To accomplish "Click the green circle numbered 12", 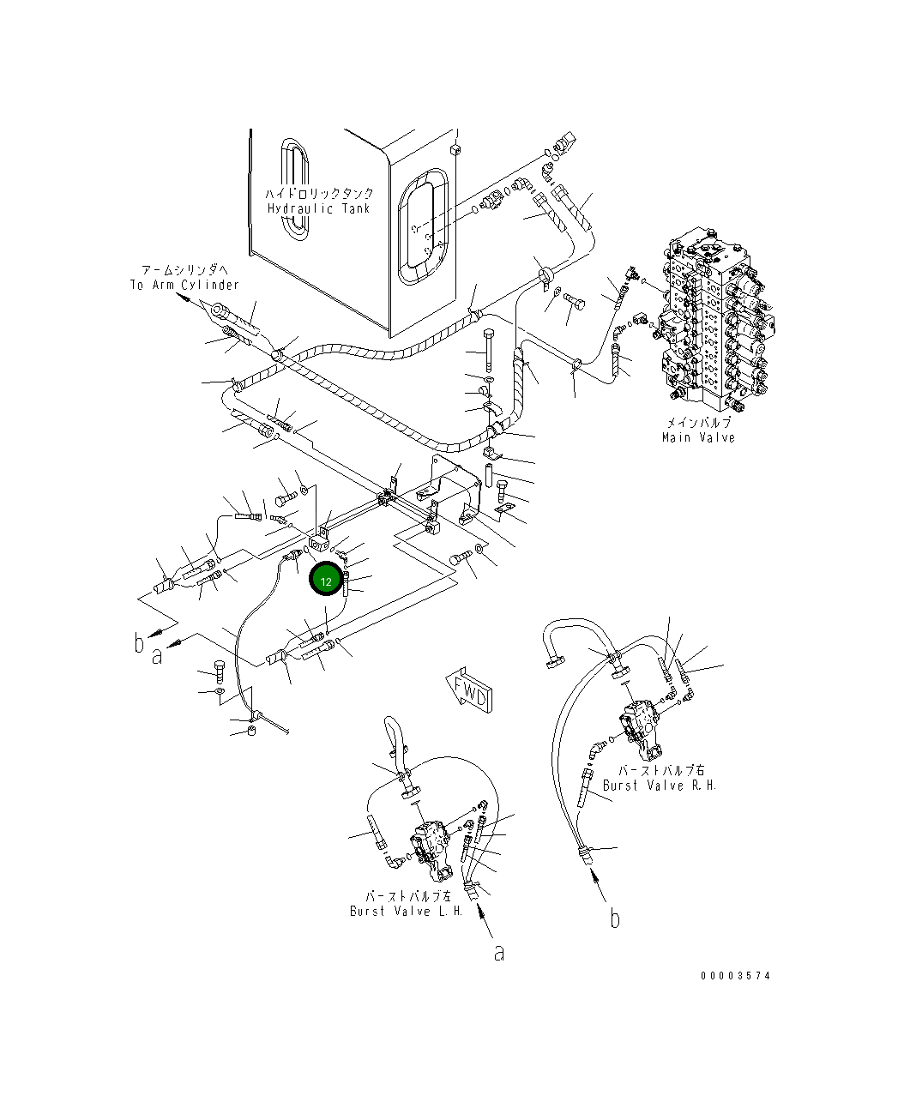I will click(x=326, y=581).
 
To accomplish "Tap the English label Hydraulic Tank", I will click(x=318, y=208).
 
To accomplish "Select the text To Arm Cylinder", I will click(x=184, y=285).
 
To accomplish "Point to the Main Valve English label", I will click(x=698, y=437).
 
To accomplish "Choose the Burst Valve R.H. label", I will click(x=659, y=785).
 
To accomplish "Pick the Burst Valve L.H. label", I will click(x=406, y=911).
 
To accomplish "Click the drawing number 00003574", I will click(x=735, y=975).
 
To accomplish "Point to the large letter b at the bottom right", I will click(x=614, y=918).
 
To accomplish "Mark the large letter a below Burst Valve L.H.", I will click(x=499, y=952).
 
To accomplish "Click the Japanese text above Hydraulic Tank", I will click(x=318, y=195).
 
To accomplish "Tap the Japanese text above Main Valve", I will click(x=698, y=424).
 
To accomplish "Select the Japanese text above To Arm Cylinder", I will click(x=184, y=270).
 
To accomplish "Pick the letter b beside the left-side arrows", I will click(x=139, y=642).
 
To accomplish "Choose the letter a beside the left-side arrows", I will click(x=157, y=656).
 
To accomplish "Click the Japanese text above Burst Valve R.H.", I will click(x=659, y=770).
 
